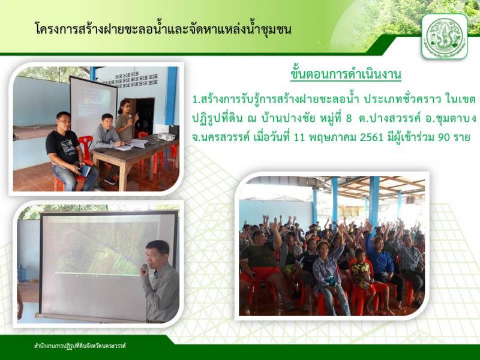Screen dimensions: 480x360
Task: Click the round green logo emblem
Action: pyautogui.click(x=445, y=37)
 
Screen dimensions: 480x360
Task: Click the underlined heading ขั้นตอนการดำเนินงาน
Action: pyautogui.click(x=346, y=74)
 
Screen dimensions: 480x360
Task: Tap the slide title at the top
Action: pyautogui.click(x=163, y=29)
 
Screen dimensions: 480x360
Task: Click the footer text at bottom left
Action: pyautogui.click(x=80, y=346)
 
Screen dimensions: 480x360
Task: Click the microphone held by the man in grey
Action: pyautogui.click(x=145, y=268)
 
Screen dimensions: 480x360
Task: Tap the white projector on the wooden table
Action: pyautogui.click(x=167, y=137)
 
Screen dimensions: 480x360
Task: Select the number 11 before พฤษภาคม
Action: pyautogui.click(x=299, y=137)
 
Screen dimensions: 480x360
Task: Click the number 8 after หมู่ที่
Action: pyautogui.click(x=349, y=118)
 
